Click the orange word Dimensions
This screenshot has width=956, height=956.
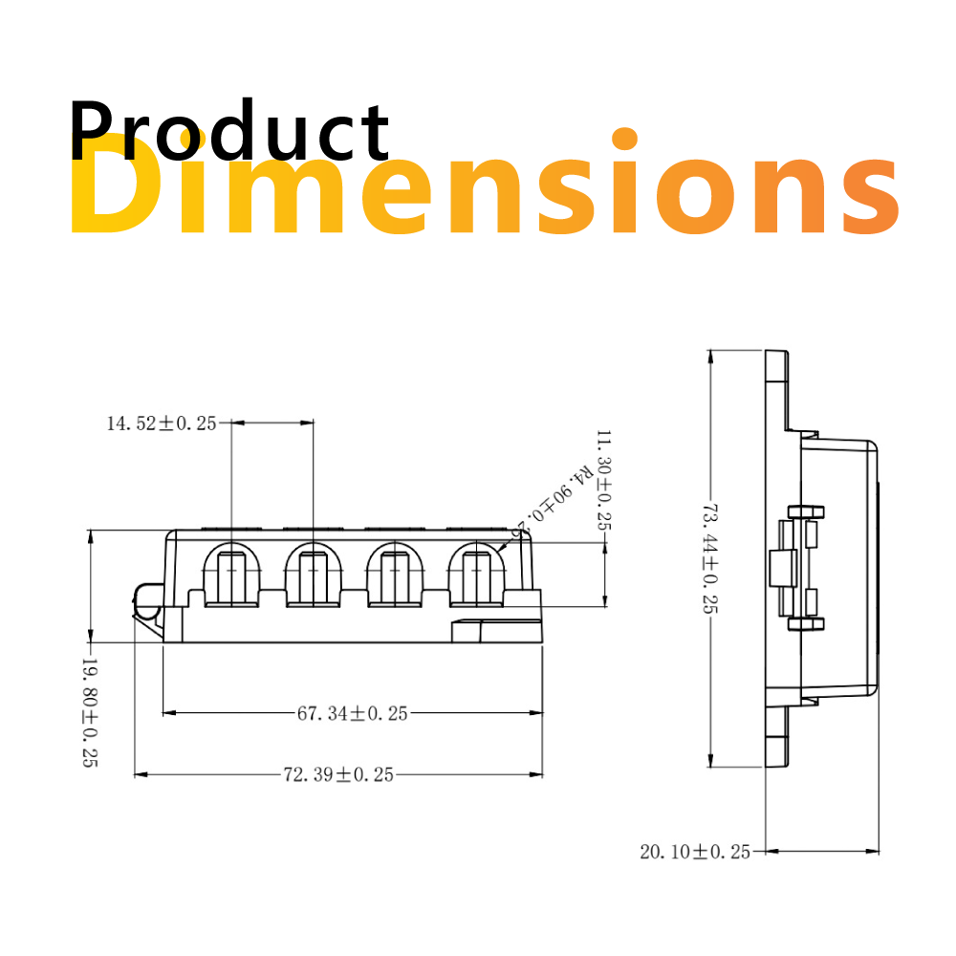483,186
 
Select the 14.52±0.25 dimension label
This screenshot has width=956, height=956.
162,424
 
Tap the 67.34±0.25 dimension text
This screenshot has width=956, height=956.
352,713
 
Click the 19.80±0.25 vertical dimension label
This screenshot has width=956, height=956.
89,712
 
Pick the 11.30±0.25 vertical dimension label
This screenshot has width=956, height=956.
603,480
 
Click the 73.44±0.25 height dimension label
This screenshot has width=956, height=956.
709,559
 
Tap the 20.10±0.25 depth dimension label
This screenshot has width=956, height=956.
695,851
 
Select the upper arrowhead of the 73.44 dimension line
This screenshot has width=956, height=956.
709,357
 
